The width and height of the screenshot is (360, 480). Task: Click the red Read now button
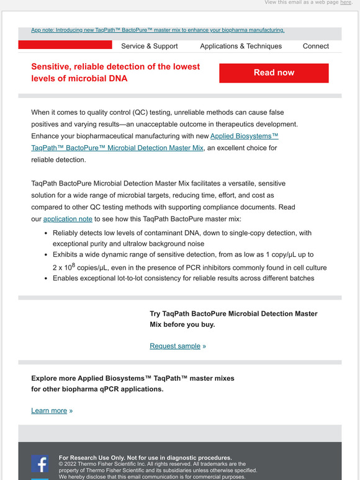[x=274, y=73]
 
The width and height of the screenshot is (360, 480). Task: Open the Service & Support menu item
[x=149, y=46]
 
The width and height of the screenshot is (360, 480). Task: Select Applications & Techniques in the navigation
[x=241, y=46]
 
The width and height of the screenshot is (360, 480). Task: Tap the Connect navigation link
[x=316, y=46]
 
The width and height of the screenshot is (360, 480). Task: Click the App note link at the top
[x=158, y=30]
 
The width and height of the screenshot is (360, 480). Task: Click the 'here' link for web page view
[x=346, y=2]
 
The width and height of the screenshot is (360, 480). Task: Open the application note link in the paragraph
[x=68, y=219]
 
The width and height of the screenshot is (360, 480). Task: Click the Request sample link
[x=175, y=346]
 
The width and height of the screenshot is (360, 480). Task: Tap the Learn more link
[x=49, y=411]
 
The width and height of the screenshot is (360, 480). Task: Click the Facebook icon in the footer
[x=40, y=463]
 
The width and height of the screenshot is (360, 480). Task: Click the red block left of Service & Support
[x=65, y=45]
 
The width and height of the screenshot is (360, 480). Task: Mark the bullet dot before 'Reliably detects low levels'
[x=47, y=233]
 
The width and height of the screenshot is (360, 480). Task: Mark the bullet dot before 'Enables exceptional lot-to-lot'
[x=47, y=278]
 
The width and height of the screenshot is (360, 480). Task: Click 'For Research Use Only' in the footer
[x=145, y=458]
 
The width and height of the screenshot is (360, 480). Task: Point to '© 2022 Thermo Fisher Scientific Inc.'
[x=112, y=464]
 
